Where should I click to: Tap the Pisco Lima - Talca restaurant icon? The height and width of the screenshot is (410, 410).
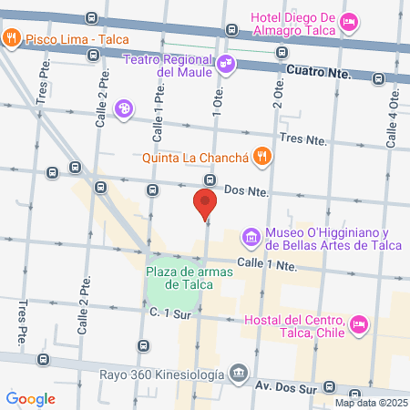12,38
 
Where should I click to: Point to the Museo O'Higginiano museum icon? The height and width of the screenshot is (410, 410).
250,239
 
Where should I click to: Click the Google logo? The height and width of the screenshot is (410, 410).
30,398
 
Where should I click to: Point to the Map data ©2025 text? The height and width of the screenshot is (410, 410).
371,403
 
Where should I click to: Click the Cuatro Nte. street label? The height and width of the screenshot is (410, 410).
313,70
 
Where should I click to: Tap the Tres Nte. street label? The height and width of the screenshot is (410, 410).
304,138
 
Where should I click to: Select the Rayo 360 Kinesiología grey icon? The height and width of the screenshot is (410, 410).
239,373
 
